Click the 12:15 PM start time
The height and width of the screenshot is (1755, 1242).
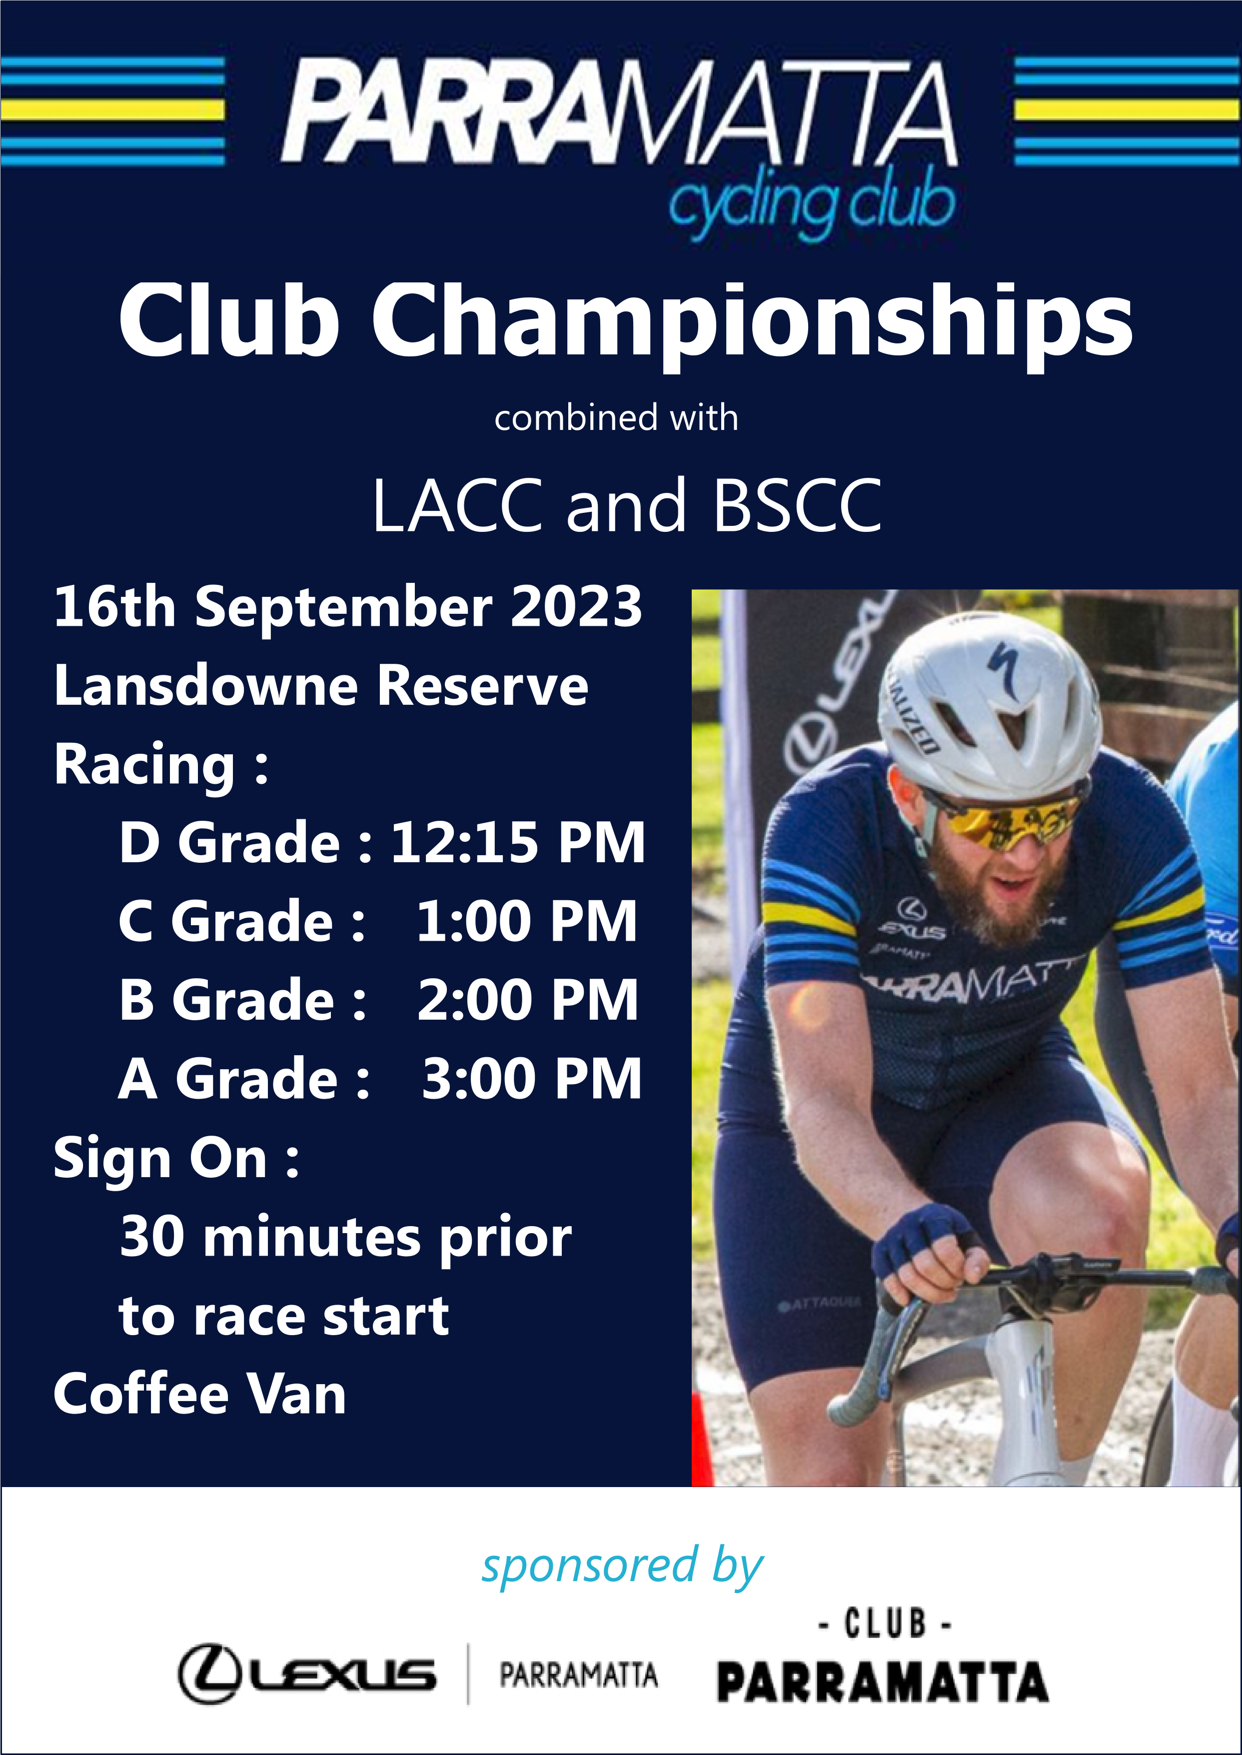pyautogui.click(x=518, y=843)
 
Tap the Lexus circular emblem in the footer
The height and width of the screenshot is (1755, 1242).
pyautogui.click(x=210, y=1674)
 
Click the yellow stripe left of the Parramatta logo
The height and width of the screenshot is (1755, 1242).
pyautogui.click(x=112, y=109)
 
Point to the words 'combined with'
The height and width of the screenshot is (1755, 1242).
pyautogui.click(x=616, y=418)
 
